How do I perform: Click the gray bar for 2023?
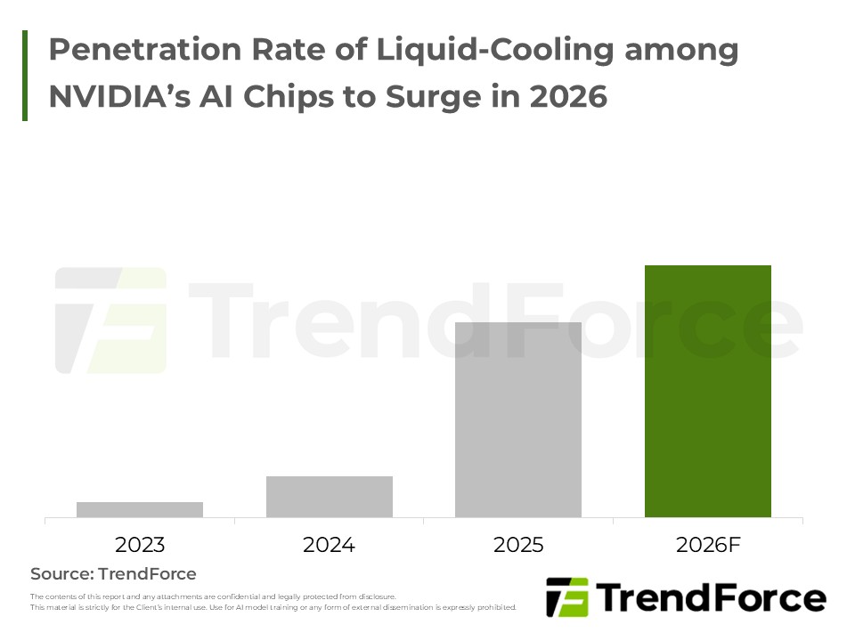point(140,509)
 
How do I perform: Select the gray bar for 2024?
point(329,496)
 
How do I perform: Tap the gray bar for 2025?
point(517,419)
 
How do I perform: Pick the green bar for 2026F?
point(707,391)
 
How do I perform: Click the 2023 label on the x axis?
point(140,545)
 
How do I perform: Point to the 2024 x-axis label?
point(329,545)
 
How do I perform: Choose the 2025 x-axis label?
point(517,545)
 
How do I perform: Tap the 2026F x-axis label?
point(707,545)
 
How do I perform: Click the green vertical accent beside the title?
point(25,75)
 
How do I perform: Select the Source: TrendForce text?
point(113,574)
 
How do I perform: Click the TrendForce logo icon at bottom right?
point(566,597)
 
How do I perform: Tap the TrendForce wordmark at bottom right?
point(710,597)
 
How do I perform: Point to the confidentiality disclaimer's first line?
point(213,596)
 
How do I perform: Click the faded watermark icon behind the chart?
point(111,320)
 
